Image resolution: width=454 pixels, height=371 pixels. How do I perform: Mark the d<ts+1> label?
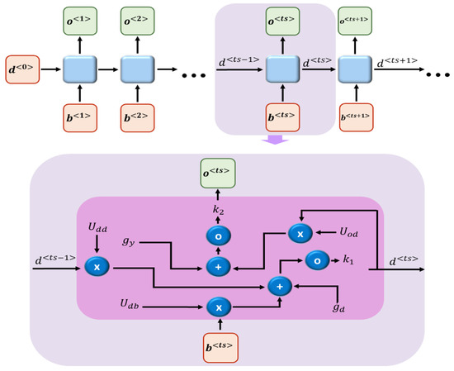(x=394, y=59)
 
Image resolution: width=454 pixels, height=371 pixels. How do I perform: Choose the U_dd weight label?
(x=98, y=225)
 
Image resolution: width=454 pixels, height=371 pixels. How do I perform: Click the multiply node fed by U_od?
(x=299, y=234)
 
